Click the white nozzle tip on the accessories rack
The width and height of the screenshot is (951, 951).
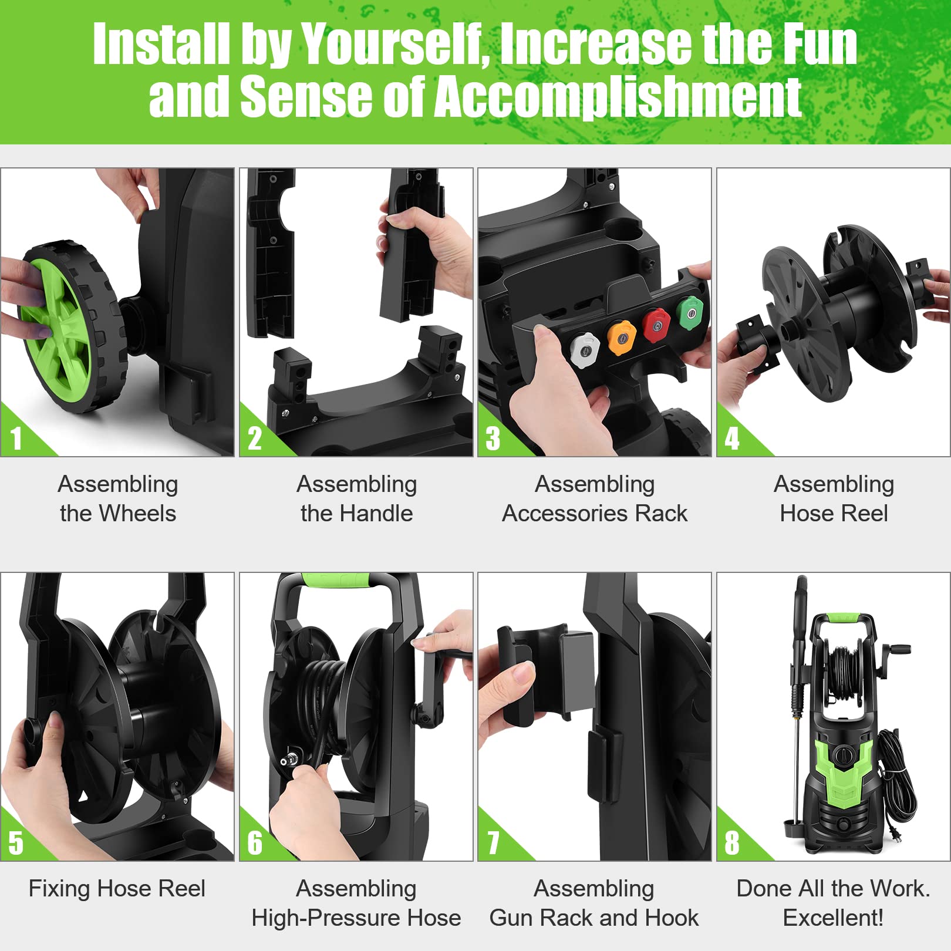click(x=585, y=350)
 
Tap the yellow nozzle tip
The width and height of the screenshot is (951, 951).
click(x=621, y=338)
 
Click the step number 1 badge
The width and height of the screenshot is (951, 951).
click(x=16, y=439)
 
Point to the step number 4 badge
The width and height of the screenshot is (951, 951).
click(x=731, y=439)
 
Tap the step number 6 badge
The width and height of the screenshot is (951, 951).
click(x=255, y=843)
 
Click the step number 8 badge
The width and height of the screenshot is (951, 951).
click(x=731, y=843)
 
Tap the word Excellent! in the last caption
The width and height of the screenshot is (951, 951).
click(x=833, y=918)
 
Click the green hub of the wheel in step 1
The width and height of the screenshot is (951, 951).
click(x=56, y=329)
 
